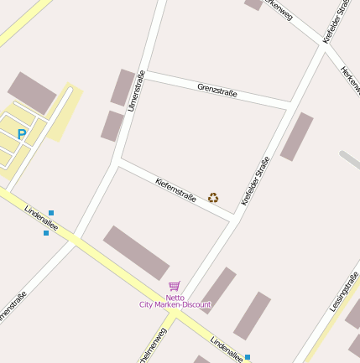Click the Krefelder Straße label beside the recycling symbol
255,181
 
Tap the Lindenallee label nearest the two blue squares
39,220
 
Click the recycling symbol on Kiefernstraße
213,198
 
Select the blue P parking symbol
22,133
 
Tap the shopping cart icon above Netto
175,286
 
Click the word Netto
175,297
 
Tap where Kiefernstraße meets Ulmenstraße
119,162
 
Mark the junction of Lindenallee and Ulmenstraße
76,236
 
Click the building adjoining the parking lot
31,93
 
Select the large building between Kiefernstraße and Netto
136,252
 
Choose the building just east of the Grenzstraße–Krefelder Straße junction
297,136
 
